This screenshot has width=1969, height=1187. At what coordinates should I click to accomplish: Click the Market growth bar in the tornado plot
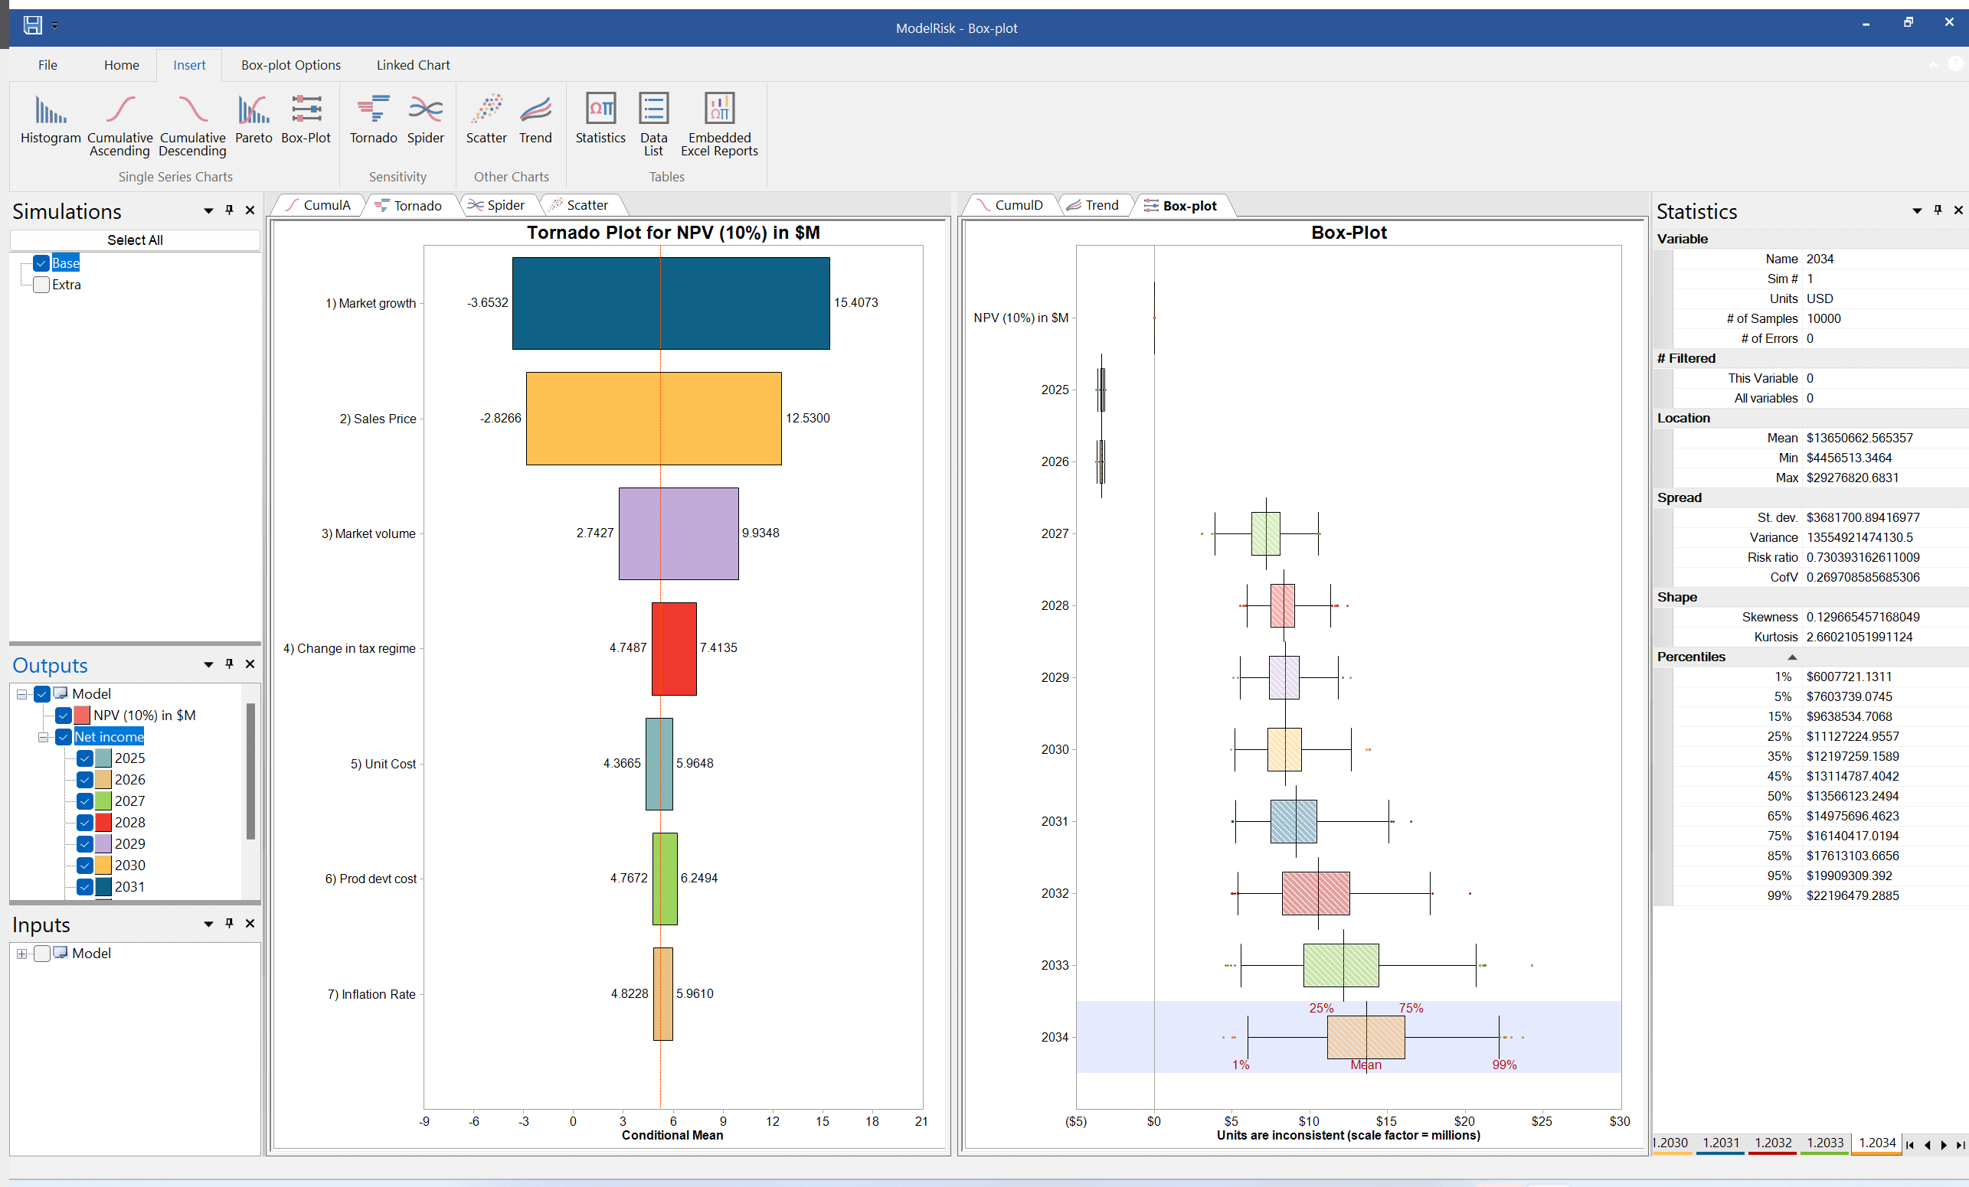coord(669,303)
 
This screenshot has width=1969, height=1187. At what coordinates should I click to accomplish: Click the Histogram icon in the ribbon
coord(51,111)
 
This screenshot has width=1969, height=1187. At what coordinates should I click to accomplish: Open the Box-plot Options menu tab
coord(291,65)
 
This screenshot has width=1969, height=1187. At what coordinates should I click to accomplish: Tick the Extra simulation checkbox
coord(41,285)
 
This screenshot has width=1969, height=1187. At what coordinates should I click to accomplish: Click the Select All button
coord(134,240)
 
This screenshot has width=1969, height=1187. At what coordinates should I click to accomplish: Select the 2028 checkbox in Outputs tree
coord(85,822)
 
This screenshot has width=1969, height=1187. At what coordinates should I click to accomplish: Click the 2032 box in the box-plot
coord(1315,893)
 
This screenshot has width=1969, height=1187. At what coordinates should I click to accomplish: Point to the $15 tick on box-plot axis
coord(1386,1120)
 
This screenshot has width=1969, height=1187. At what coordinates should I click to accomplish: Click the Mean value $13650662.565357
coord(1859,438)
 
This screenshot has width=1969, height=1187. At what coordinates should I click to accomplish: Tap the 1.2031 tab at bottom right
coord(1719,1143)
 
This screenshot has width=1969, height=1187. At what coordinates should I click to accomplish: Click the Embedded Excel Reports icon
coord(719,111)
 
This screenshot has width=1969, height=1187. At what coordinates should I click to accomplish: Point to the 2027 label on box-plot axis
coord(1054,533)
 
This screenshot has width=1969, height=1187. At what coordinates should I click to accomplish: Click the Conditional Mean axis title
coord(672,1135)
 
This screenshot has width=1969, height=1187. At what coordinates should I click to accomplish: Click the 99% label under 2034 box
coord(1504,1065)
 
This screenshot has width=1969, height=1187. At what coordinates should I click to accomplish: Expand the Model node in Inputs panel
coord(21,954)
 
